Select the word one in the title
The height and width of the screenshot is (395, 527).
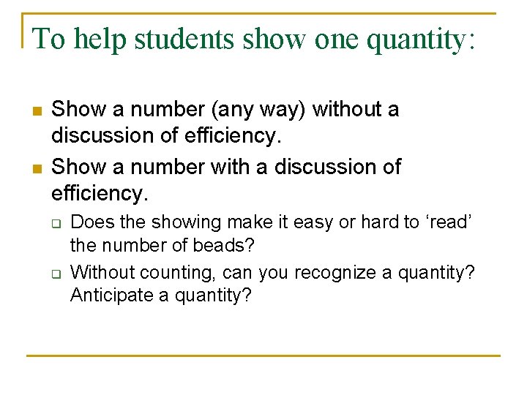(338, 39)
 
